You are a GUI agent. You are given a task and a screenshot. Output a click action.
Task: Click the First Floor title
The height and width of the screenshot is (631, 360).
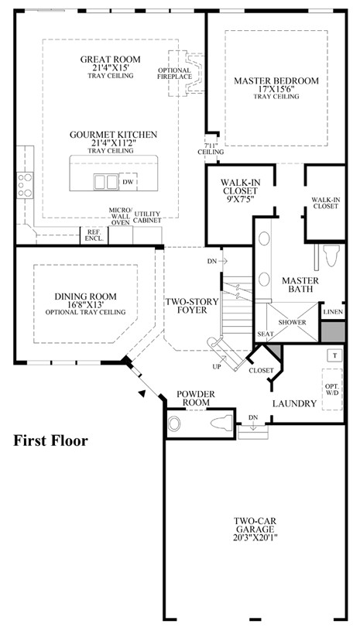50,441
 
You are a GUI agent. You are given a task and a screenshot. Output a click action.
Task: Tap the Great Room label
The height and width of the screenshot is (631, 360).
111,60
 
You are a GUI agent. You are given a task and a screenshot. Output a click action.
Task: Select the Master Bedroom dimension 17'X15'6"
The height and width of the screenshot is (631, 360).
276,89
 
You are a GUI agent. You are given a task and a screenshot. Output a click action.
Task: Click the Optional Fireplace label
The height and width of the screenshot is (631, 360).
174,74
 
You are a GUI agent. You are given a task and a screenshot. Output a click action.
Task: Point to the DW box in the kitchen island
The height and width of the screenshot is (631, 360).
129,182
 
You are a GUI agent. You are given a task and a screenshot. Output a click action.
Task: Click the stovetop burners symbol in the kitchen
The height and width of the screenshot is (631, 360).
25,185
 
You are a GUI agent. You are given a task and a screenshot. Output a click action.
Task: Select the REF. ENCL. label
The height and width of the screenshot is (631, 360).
94,235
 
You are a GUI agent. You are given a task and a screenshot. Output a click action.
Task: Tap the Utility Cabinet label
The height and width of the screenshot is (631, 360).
147,217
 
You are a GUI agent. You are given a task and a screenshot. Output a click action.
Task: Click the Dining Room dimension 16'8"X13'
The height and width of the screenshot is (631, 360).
86,304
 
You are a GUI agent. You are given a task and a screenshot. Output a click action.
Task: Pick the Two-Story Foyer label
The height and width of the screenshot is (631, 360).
192,306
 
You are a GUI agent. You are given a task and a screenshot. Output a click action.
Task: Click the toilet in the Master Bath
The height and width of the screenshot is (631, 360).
332,256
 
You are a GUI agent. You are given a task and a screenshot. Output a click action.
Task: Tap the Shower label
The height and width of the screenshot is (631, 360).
293,322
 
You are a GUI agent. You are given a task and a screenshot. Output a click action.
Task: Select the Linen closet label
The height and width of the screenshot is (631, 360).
333,312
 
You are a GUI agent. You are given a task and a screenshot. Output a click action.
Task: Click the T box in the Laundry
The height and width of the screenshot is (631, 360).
334,355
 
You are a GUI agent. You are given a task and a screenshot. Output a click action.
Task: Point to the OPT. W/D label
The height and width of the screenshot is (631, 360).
332,389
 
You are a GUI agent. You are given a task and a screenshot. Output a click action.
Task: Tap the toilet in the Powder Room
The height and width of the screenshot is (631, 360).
221,423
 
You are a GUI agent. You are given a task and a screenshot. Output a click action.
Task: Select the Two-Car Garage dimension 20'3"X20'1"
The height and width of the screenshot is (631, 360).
255,537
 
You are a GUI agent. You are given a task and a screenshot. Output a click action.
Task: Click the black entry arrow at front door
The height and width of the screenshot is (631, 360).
142,393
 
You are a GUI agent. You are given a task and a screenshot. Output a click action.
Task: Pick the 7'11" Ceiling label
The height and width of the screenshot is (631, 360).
211,149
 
